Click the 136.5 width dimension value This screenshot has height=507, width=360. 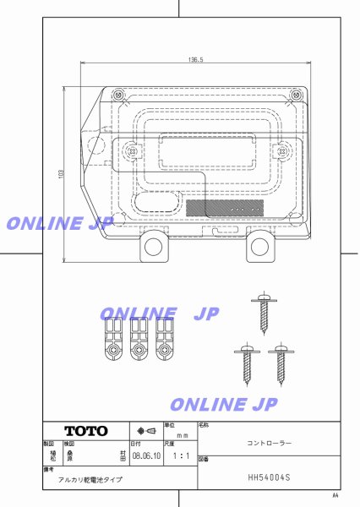(x=195, y=60)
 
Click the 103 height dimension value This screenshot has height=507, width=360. (x=60, y=174)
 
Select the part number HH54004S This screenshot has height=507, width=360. (x=269, y=477)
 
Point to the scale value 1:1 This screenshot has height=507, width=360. (x=180, y=454)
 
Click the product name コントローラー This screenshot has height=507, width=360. (x=269, y=442)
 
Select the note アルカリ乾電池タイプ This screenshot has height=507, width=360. (x=90, y=479)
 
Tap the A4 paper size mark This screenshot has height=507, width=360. (x=335, y=495)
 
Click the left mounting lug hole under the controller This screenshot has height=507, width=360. (x=153, y=247)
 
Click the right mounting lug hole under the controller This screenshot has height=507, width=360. (x=258, y=247)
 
